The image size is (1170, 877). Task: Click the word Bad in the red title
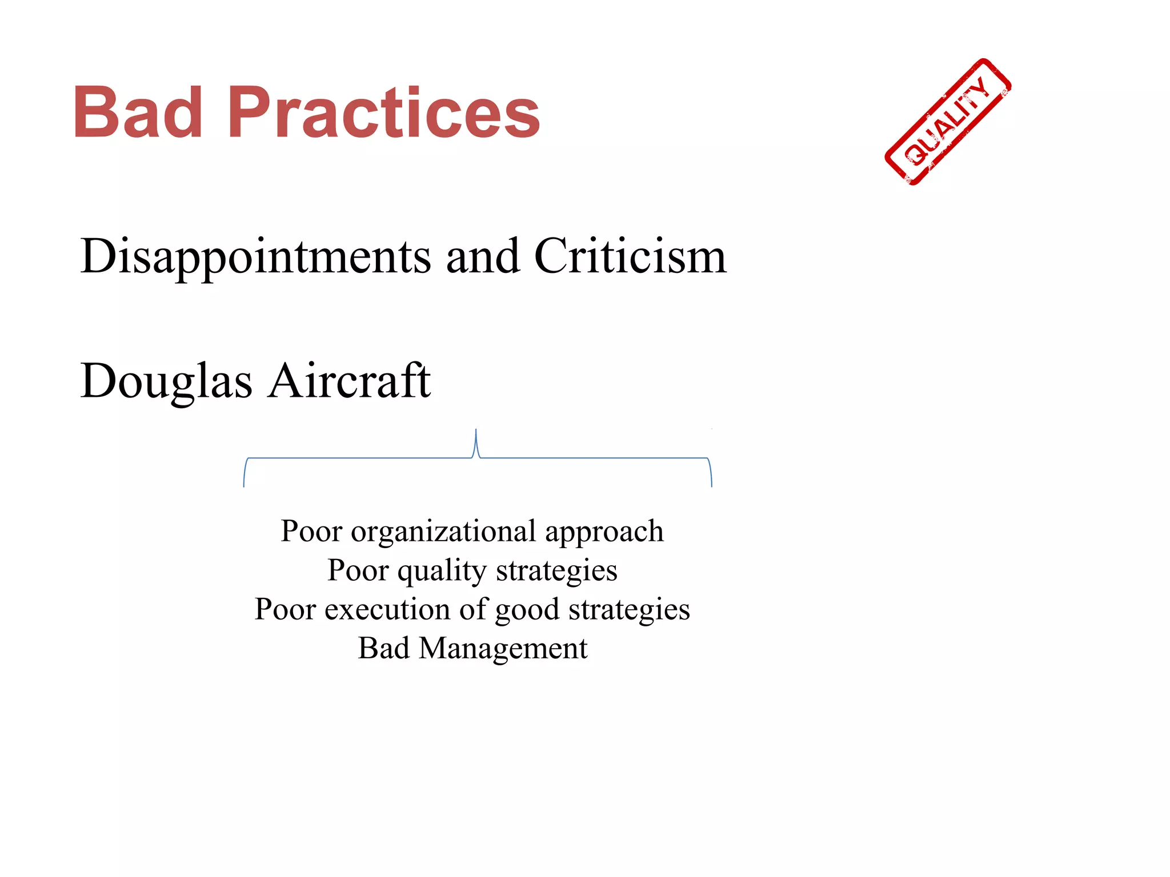138,112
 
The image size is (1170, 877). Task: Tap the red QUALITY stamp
948,122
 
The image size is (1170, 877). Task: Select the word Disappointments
255,257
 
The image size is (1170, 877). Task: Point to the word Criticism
630,257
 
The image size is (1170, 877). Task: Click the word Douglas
166,381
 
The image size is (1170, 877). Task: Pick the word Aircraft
350,381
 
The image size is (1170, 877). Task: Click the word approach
604,532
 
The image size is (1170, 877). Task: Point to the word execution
388,610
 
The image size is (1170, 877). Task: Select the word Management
503,649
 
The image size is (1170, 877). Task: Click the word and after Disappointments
483,257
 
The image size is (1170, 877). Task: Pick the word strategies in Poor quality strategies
556,571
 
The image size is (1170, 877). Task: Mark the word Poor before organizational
311,532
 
